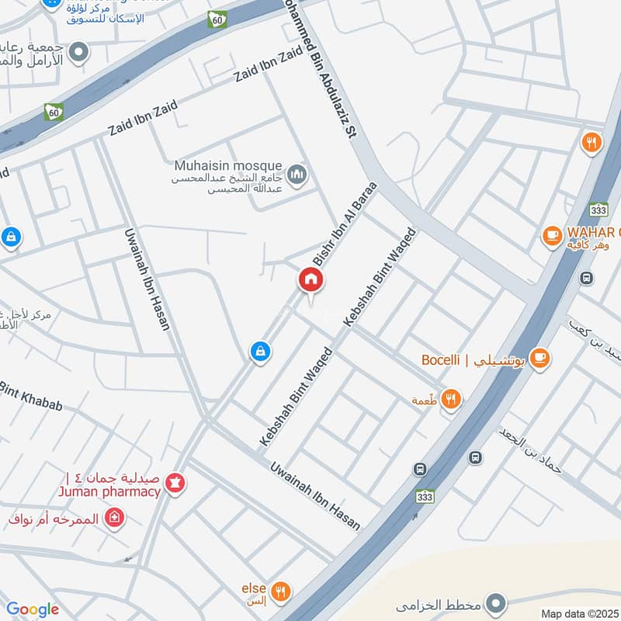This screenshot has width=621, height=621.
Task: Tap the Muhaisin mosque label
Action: click(229, 165)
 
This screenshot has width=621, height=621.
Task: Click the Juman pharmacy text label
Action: click(109, 491)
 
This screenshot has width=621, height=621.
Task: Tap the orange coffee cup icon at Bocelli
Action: click(541, 358)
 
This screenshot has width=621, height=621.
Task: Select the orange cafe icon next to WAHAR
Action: click(552, 234)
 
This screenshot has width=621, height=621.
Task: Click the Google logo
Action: click(33, 609)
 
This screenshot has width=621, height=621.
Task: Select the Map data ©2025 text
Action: click(578, 613)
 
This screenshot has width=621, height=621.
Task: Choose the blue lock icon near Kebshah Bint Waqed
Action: click(260, 352)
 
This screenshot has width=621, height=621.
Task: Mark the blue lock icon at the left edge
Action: click(10, 236)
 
